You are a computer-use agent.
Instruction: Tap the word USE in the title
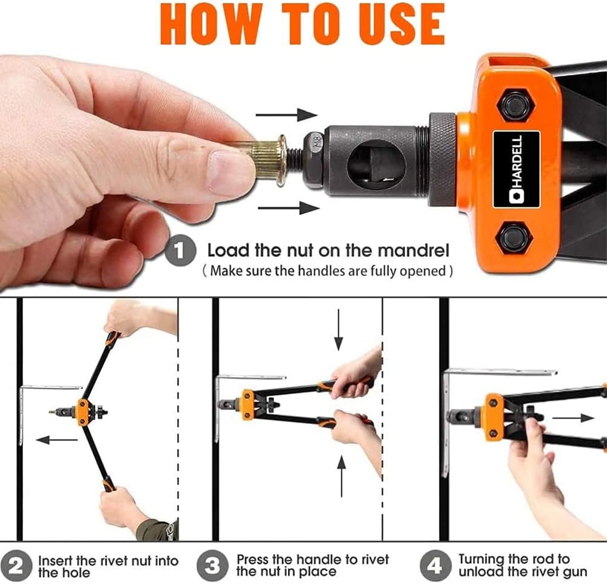(x=403, y=25)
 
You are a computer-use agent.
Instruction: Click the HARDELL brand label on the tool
(x=516, y=169)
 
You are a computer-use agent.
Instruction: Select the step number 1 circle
(x=179, y=251)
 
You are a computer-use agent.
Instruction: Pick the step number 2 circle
(x=16, y=566)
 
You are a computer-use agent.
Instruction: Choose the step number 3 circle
(x=212, y=566)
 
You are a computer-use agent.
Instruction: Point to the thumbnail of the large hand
(x=231, y=172)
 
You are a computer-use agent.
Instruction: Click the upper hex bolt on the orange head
(x=514, y=104)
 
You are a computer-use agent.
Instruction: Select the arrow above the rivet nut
(x=286, y=115)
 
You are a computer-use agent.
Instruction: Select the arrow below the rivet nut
(x=289, y=208)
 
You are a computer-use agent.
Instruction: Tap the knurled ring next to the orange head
(x=442, y=159)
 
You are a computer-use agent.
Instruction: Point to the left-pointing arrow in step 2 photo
(x=56, y=440)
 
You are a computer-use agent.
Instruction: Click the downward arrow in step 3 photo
(x=339, y=329)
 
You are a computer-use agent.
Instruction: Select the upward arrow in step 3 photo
(x=341, y=476)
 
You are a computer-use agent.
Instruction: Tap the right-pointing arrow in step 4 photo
(x=573, y=418)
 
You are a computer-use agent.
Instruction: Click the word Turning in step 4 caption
(x=481, y=560)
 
